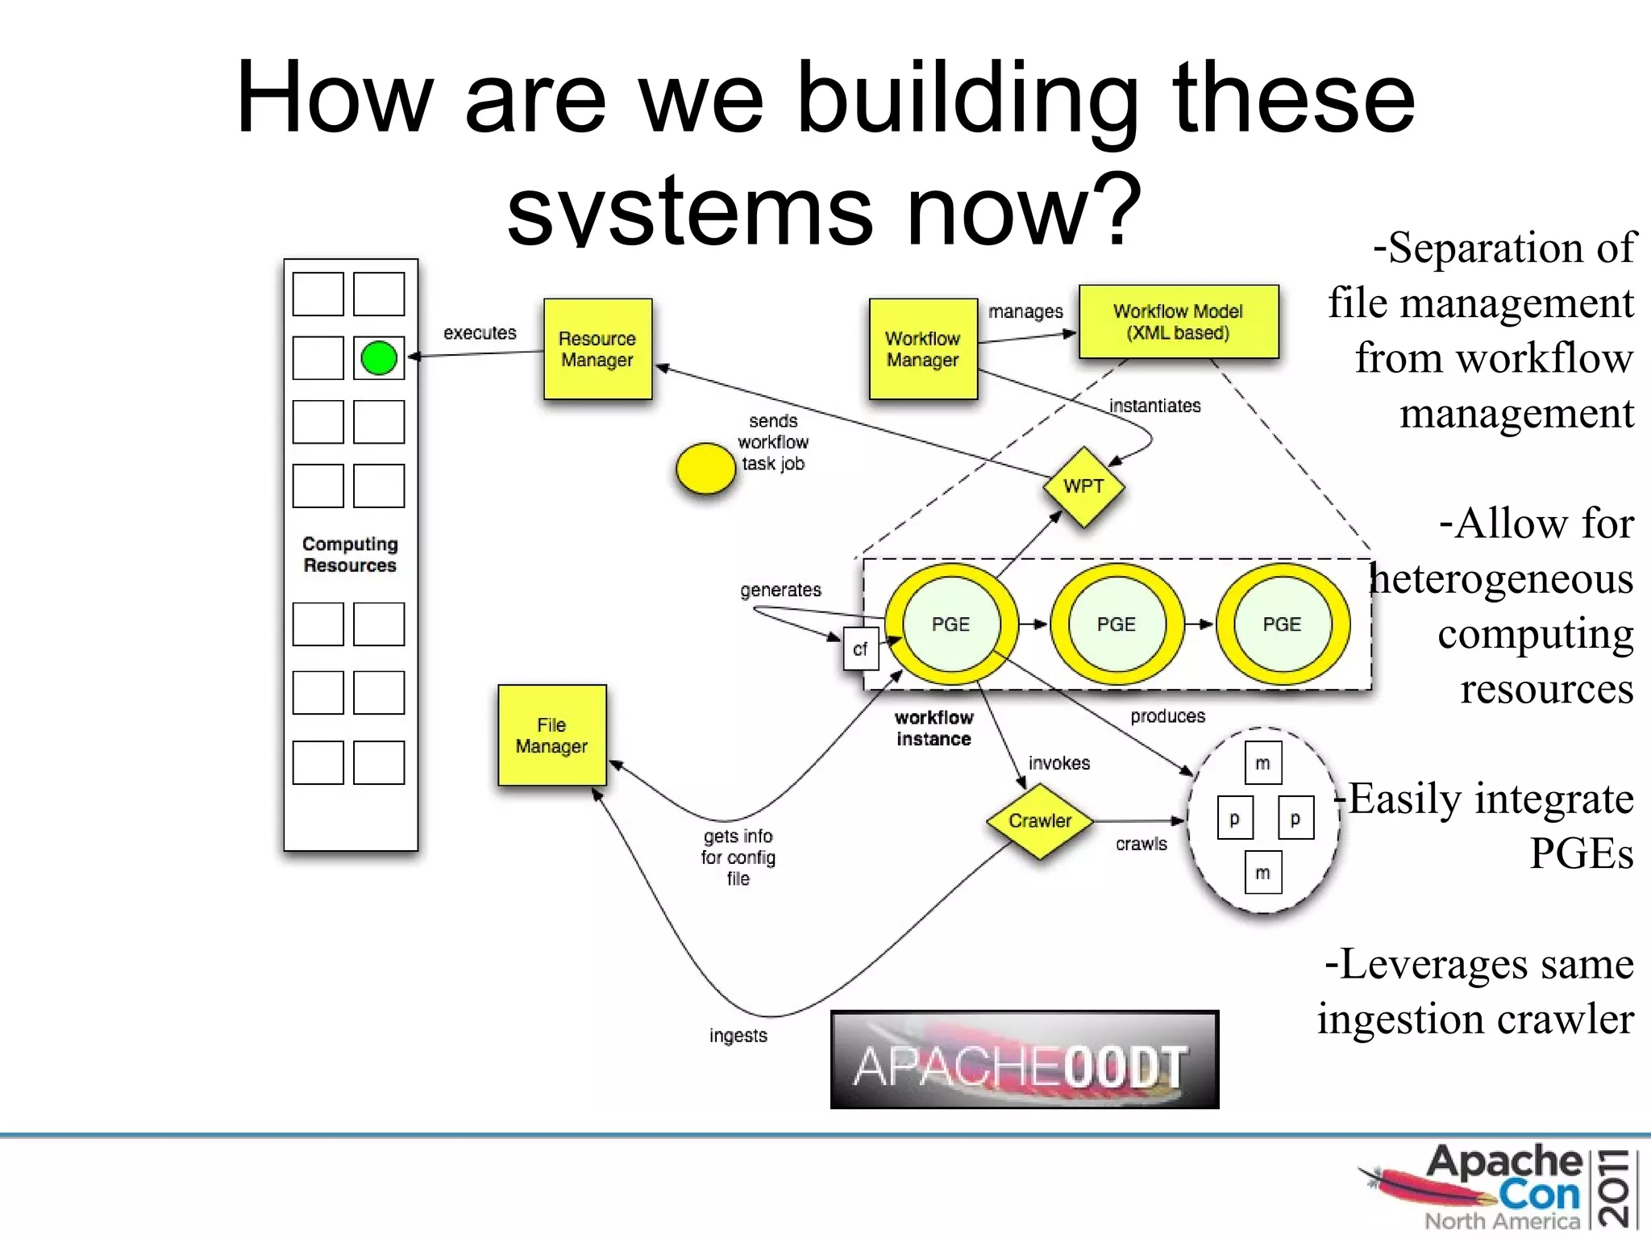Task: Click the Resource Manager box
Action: (x=597, y=349)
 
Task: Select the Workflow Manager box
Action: (x=923, y=349)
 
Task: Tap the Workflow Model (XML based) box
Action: (x=1178, y=322)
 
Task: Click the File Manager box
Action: (x=551, y=735)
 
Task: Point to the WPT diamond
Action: (x=1083, y=486)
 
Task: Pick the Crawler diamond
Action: (x=1040, y=821)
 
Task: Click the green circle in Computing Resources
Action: (x=379, y=358)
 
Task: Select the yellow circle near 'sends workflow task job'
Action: (x=705, y=469)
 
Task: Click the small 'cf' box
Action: (x=860, y=649)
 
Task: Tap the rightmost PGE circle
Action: (x=1282, y=624)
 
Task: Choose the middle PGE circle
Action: (x=1117, y=624)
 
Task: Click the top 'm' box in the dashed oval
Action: (x=1262, y=763)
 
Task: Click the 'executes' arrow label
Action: (x=480, y=333)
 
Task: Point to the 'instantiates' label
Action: (x=1154, y=406)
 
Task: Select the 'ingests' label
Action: (x=738, y=1036)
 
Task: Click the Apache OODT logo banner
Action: (x=1024, y=1060)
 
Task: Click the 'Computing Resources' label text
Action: (x=350, y=555)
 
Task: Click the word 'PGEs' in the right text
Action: (x=1581, y=853)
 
